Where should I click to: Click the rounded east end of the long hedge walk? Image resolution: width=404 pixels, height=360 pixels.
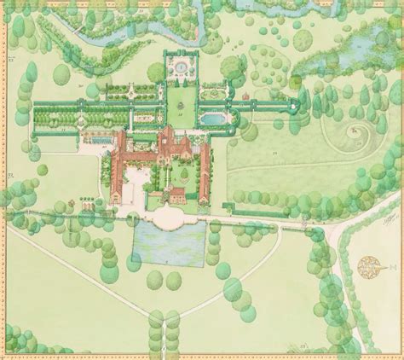pos(297,105)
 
